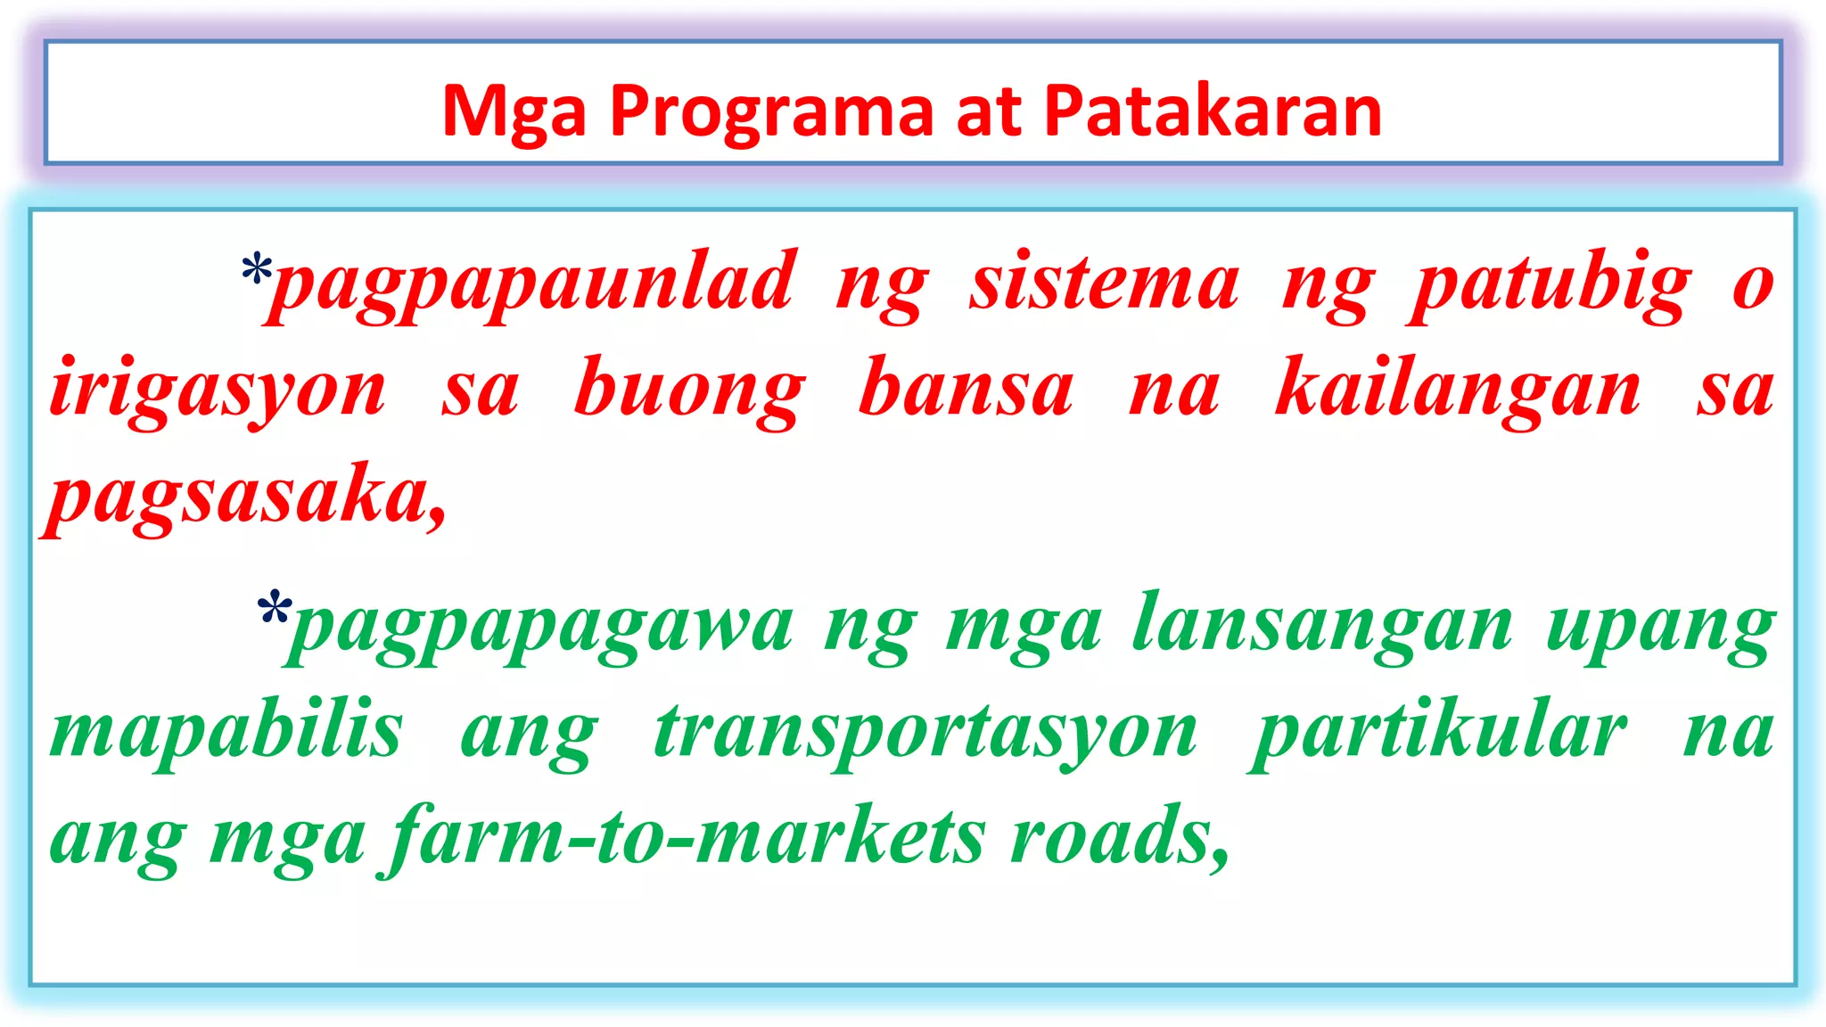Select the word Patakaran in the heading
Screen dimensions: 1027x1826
coord(1213,111)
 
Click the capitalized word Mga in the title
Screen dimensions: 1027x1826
coord(514,111)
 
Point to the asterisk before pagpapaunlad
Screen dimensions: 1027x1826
coord(257,268)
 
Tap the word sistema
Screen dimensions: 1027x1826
coord(1104,283)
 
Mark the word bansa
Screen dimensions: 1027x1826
coord(966,390)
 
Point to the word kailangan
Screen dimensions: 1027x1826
coord(1458,390)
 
